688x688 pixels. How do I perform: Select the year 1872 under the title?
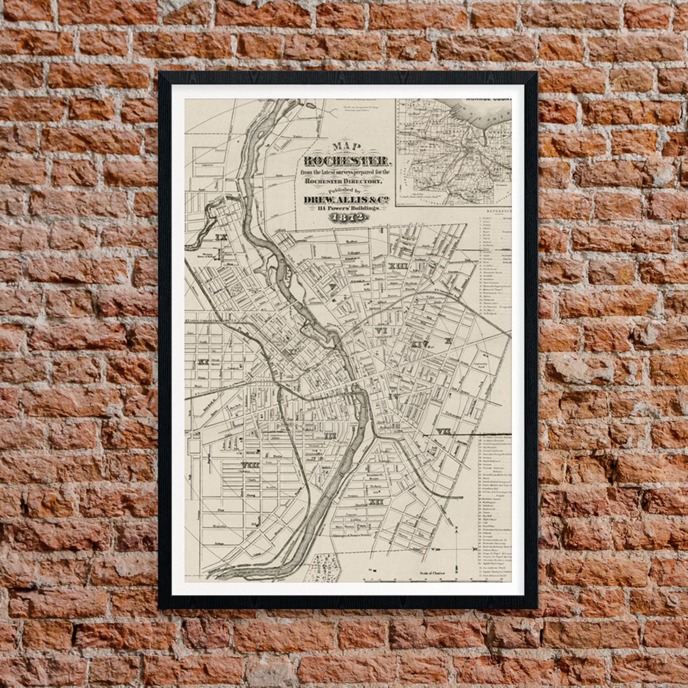[345, 217]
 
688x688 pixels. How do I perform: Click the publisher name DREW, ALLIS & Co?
[345, 199]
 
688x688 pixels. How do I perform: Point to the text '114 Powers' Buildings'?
[345, 209]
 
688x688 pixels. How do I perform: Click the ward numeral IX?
[221, 237]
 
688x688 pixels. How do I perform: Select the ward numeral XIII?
[398, 266]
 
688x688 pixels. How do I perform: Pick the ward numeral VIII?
[251, 465]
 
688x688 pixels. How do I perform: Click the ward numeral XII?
[375, 502]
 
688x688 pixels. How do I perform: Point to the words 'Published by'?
[345, 190]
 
